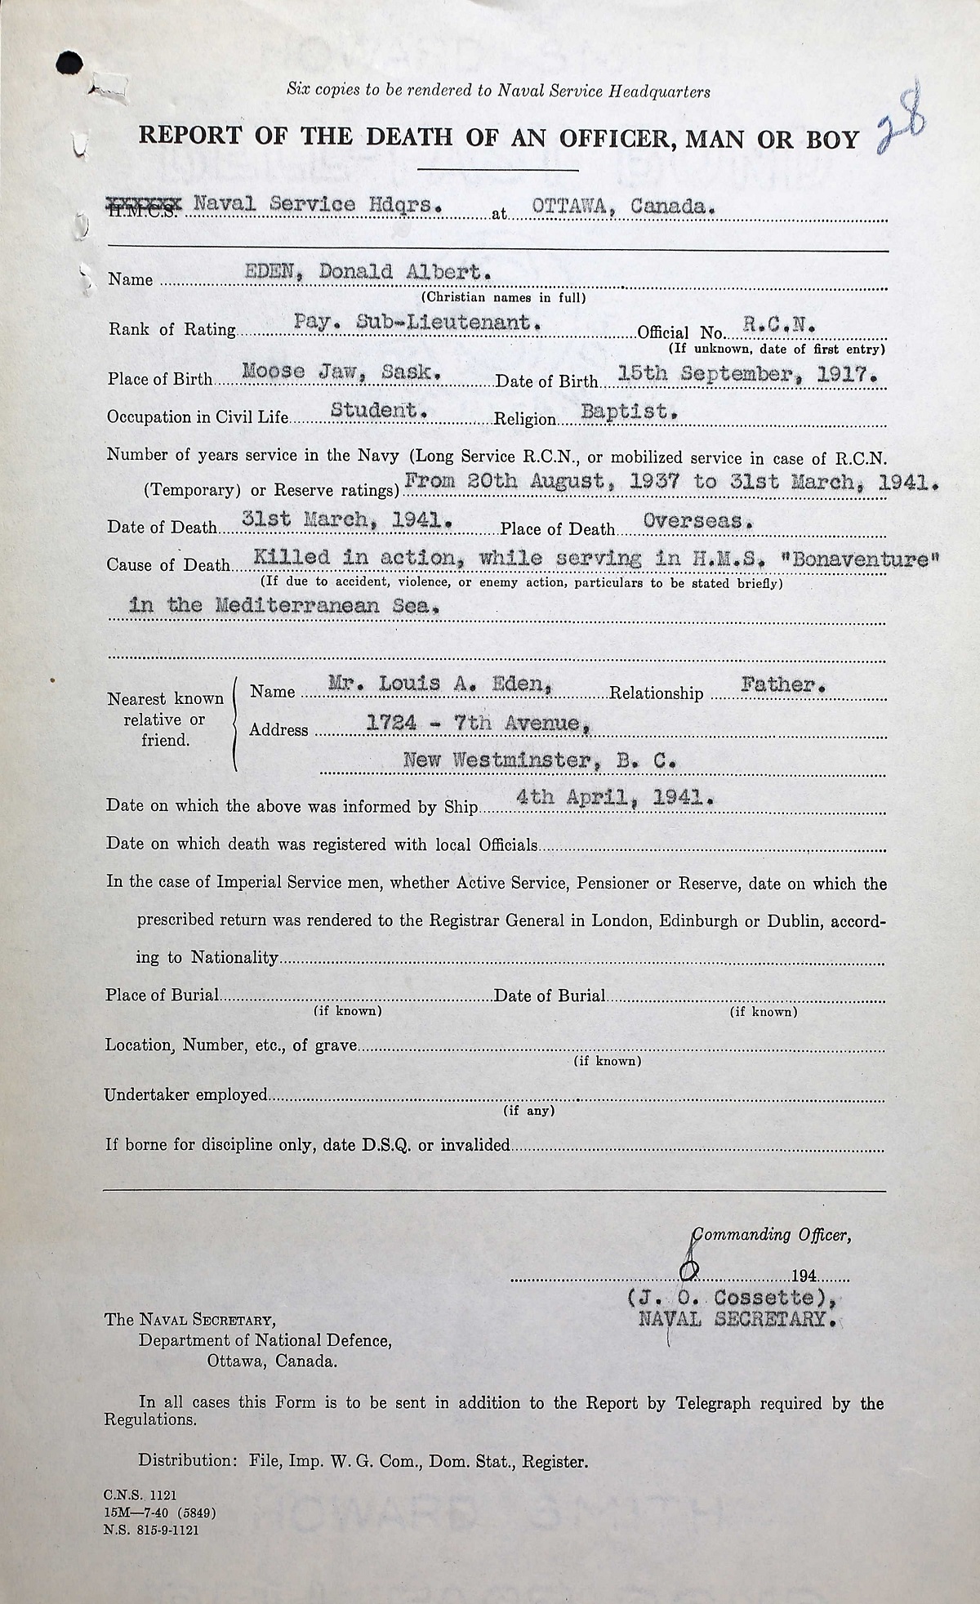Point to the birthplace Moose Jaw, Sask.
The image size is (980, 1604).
pyautogui.click(x=343, y=372)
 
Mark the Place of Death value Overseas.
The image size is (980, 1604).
pyautogui.click(x=698, y=520)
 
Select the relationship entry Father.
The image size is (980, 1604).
pyautogui.click(x=783, y=685)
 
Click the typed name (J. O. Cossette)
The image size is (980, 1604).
pyautogui.click(x=733, y=1297)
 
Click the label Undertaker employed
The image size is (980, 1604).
pyautogui.click(x=185, y=1094)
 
